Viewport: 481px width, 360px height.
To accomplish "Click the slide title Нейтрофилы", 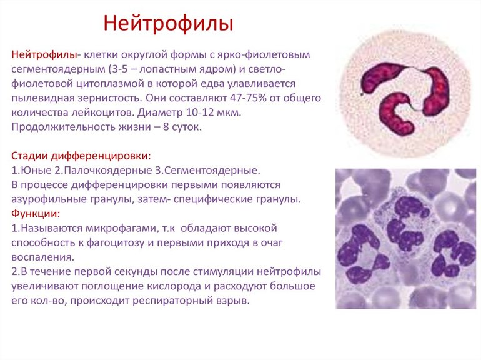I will click(x=168, y=24).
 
